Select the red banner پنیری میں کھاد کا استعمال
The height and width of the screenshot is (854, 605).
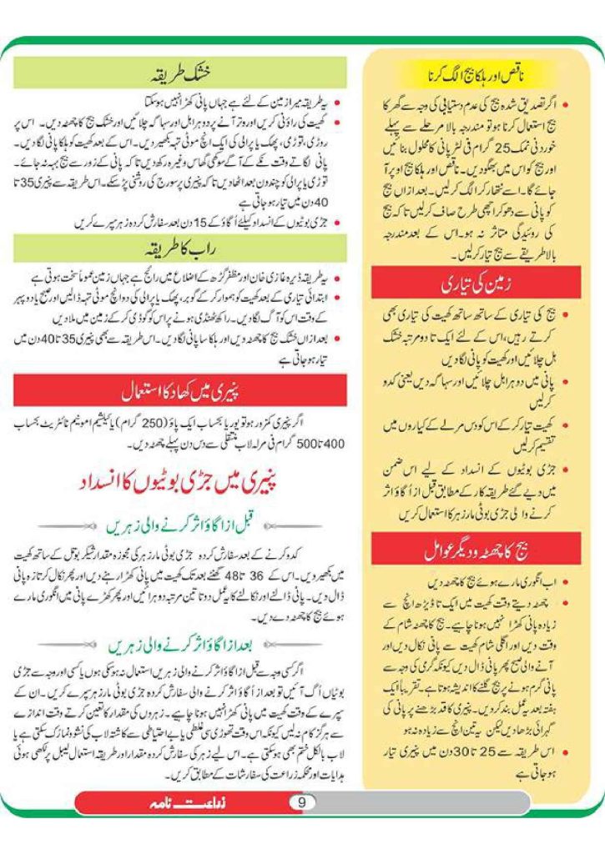click(179, 389)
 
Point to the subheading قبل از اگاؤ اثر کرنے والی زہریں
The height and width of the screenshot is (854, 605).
click(179, 525)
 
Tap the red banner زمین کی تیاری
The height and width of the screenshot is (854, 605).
click(476, 285)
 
